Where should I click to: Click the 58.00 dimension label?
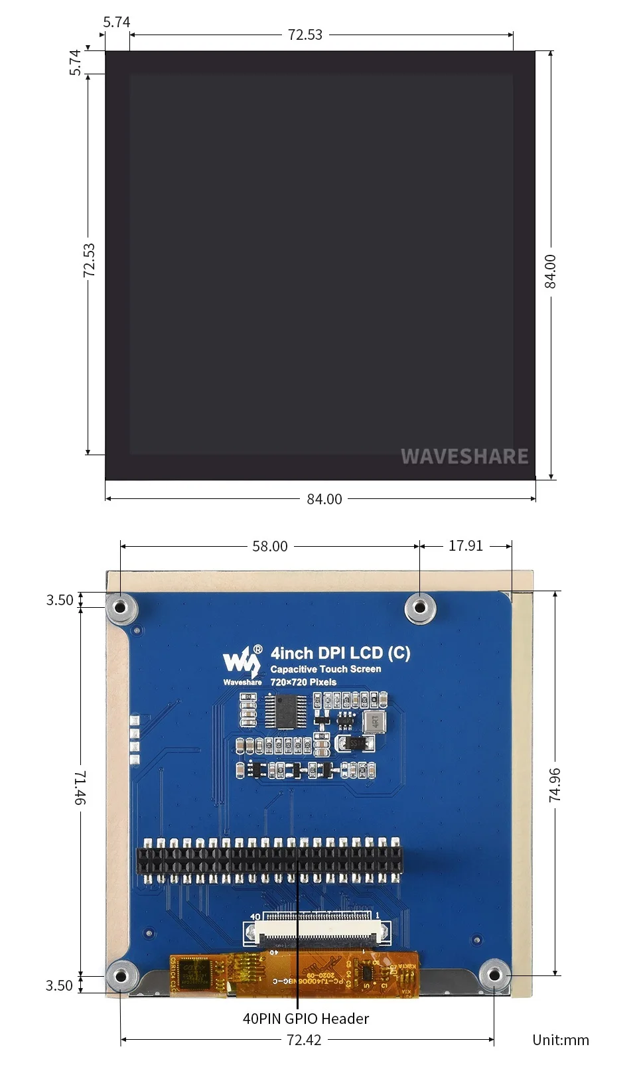tap(269, 546)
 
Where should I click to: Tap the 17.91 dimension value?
tap(465, 545)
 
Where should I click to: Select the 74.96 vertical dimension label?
tap(555, 784)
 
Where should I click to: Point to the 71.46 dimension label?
tap(80, 788)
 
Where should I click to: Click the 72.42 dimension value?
tap(304, 1040)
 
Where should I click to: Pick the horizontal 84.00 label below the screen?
tap(324, 499)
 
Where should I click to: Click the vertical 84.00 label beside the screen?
tap(550, 271)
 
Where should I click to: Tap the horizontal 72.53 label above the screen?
tap(305, 35)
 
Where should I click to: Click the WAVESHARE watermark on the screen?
tap(464, 457)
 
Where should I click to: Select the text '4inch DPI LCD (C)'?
tap(340, 653)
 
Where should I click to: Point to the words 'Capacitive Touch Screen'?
tap(325, 669)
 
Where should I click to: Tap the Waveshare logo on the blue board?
tap(242, 664)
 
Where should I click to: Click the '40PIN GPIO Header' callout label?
tap(305, 1019)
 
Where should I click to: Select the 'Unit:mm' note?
tap(560, 1040)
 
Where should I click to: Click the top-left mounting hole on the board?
tap(121, 607)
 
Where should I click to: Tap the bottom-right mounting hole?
tap(494, 975)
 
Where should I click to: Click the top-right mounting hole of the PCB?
tap(420, 607)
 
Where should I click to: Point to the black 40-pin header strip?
tap(269, 860)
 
